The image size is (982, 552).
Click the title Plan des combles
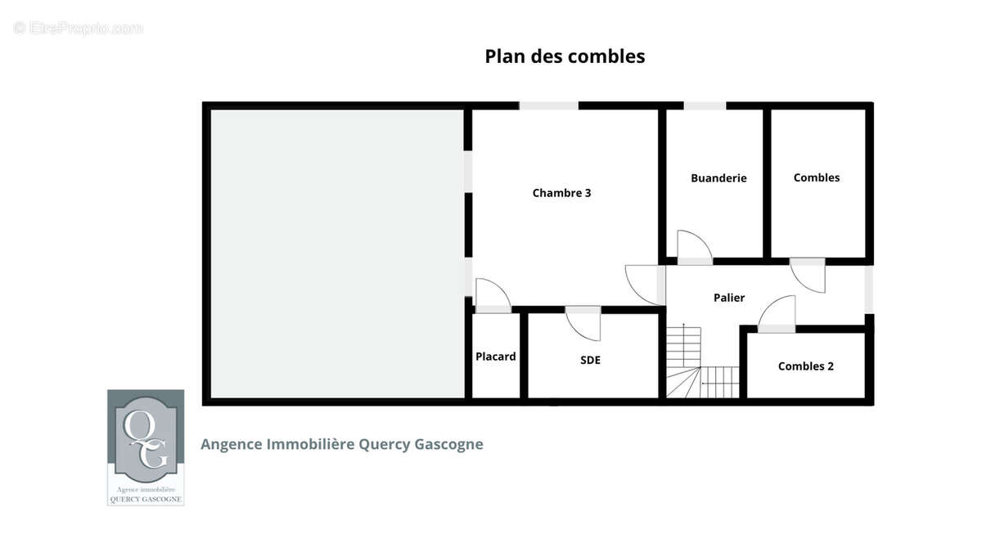click(565, 56)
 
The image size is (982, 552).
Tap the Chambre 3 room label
click(561, 193)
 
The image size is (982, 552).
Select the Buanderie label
click(718, 178)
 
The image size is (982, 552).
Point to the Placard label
click(495, 357)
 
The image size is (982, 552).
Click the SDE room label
click(590, 360)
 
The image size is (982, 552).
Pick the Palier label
click(729, 298)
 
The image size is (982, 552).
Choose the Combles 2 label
click(806, 366)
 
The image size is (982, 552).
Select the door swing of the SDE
click(583, 323)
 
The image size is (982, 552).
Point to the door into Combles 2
click(777, 314)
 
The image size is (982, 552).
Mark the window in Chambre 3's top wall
click(549, 105)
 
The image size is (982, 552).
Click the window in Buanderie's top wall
click(705, 105)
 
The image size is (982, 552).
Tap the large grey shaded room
click(337, 254)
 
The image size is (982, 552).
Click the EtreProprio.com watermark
click(78, 29)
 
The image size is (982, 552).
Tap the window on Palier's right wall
click(869, 289)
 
